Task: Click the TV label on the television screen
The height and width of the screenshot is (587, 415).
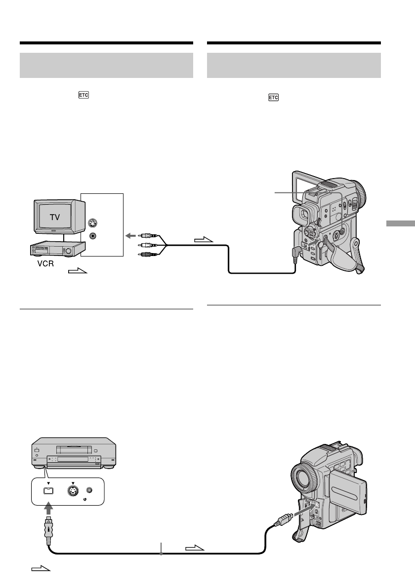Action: pyautogui.click(x=55, y=217)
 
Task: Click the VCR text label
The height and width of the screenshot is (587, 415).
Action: pyautogui.click(x=45, y=264)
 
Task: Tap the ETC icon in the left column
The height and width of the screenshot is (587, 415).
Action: pyautogui.click(x=83, y=95)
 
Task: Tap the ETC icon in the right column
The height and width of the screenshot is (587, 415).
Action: pyautogui.click(x=273, y=98)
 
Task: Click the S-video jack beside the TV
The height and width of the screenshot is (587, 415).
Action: pyautogui.click(x=92, y=223)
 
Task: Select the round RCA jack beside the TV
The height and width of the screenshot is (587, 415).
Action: pyautogui.click(x=92, y=236)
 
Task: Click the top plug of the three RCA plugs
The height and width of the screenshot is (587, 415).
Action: pyautogui.click(x=148, y=236)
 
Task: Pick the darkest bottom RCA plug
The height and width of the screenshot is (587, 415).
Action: pyautogui.click(x=148, y=254)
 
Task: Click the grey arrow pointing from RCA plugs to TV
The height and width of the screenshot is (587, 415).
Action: pyautogui.click(x=130, y=236)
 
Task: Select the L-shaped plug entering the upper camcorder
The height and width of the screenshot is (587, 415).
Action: pyautogui.click(x=298, y=250)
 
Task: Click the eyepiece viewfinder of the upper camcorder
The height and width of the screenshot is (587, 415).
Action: pyautogui.click(x=302, y=215)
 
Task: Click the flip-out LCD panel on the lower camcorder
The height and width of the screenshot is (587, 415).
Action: pyautogui.click(x=348, y=491)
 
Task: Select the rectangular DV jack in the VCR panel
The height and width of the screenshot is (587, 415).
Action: pyautogui.click(x=49, y=491)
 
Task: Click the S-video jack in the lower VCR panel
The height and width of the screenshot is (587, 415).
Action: pyautogui.click(x=73, y=491)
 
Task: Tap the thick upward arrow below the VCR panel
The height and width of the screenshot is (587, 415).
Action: pyautogui.click(x=49, y=508)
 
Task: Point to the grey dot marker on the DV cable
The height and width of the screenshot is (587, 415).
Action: pyautogui.click(x=161, y=553)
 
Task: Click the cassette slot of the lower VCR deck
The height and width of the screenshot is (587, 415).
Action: pyautogui.click(x=73, y=449)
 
